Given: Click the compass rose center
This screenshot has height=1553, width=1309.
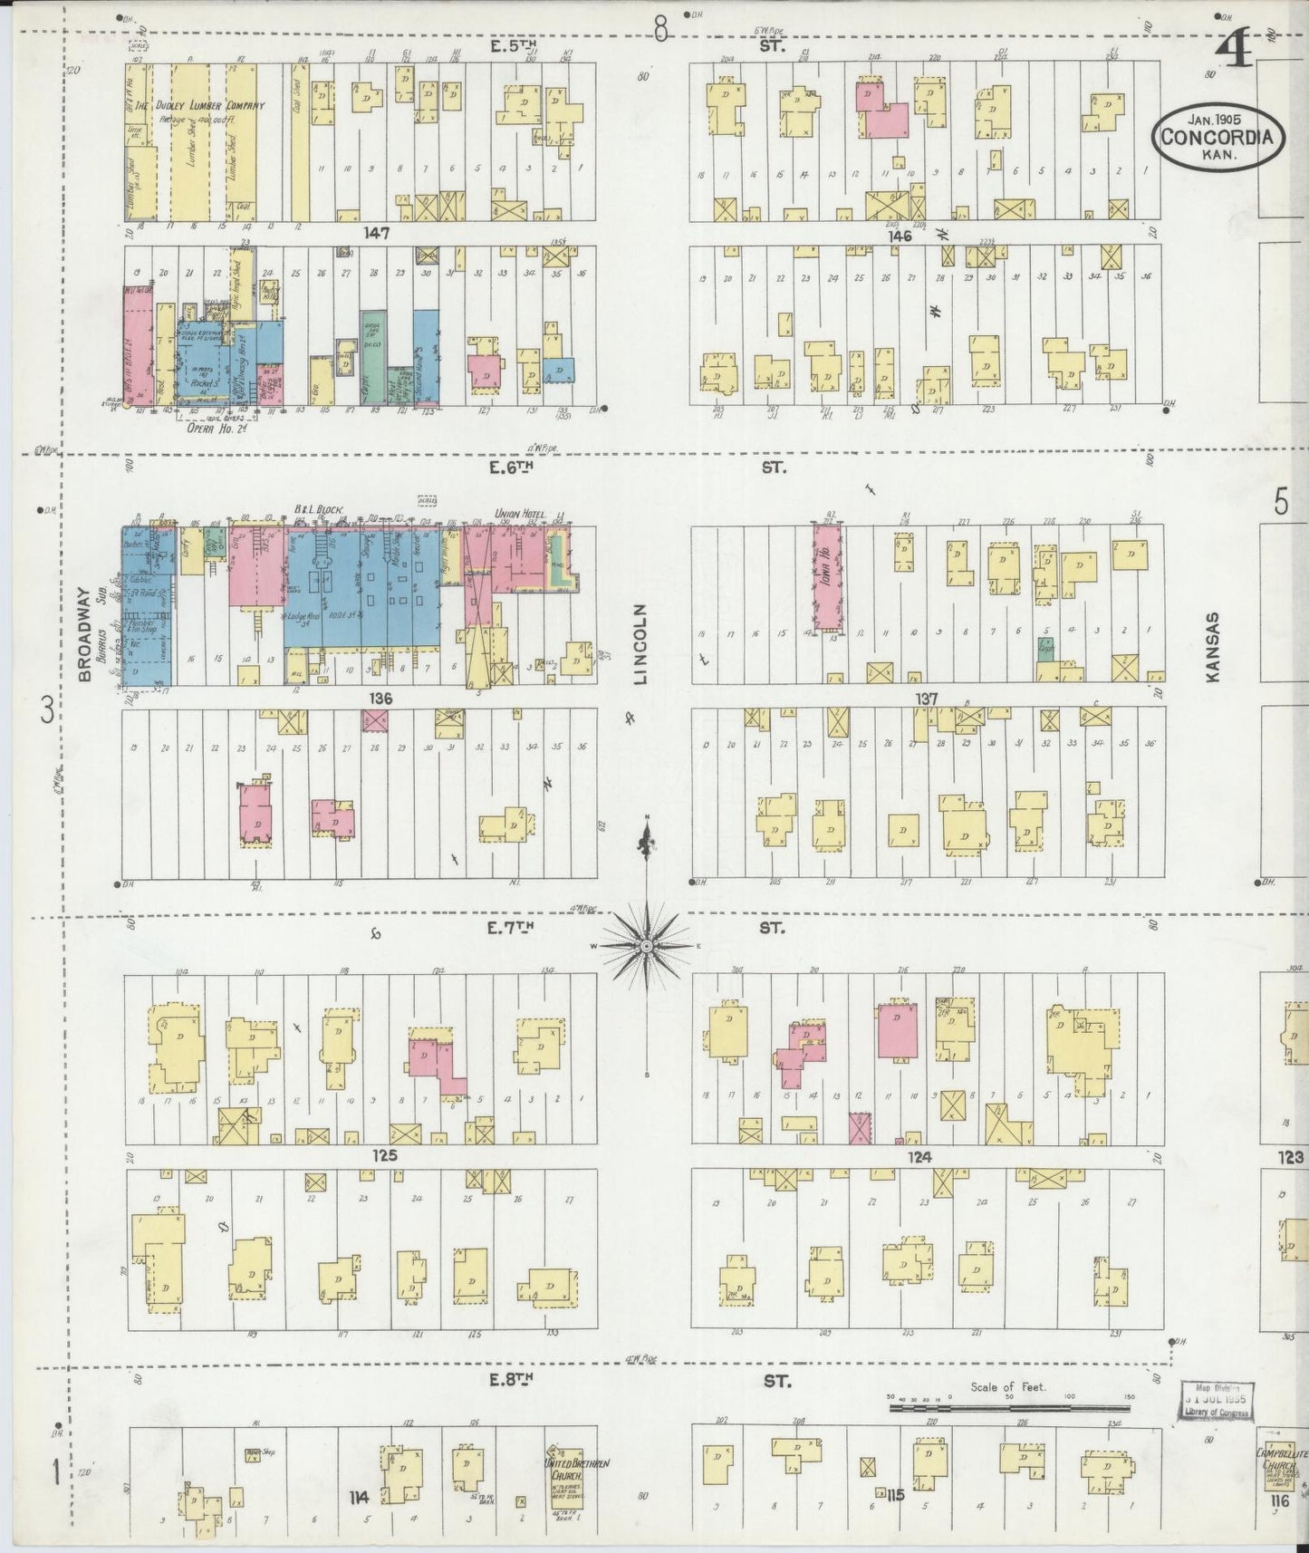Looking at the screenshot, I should (x=647, y=946).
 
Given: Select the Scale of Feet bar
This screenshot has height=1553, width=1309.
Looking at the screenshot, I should (x=1011, y=1407).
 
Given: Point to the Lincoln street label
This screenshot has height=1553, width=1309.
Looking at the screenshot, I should (x=641, y=643).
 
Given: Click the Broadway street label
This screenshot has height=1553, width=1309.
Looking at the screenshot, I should (x=85, y=634).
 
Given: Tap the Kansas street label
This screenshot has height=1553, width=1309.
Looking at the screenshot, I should (x=1213, y=646).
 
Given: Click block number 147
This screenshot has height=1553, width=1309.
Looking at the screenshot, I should (x=376, y=233).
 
